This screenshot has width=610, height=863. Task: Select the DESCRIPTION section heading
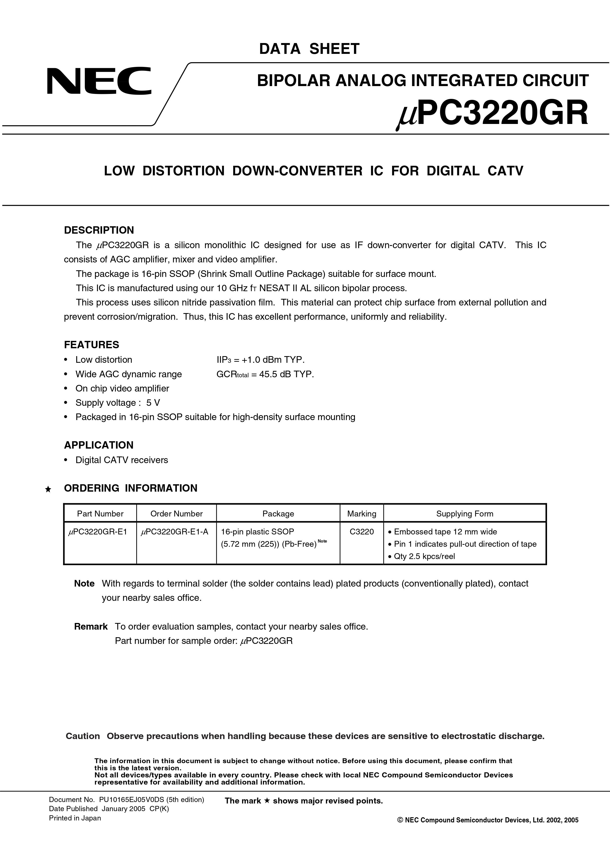[x=99, y=230]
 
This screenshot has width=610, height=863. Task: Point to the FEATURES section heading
[x=91, y=345]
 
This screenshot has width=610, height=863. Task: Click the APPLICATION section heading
[x=98, y=445]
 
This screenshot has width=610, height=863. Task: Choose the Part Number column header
[x=100, y=514]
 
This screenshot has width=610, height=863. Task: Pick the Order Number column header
[x=176, y=514]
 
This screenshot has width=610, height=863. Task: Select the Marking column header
[x=362, y=514]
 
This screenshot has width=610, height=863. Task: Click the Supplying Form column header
[x=465, y=514]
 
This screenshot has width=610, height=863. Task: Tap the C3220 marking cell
[x=362, y=531]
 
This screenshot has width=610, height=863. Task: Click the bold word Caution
[x=83, y=736]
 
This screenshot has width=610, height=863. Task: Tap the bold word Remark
[x=91, y=627]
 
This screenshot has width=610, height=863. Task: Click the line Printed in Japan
[x=75, y=818]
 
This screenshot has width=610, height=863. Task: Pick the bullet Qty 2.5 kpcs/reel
[x=424, y=556]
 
